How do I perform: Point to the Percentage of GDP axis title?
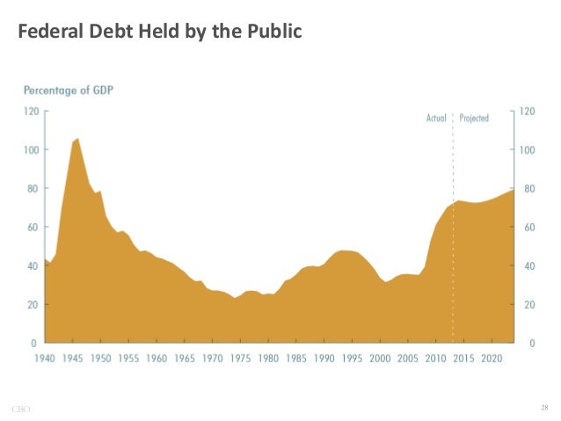click(68, 91)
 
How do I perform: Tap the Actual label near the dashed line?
click(435, 117)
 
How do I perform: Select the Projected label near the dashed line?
click(473, 117)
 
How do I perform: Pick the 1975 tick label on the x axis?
click(240, 359)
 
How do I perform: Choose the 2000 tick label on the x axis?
click(380, 359)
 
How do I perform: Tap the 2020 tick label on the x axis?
click(492, 359)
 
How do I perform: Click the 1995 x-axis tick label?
click(352, 359)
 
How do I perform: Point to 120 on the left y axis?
click(32, 112)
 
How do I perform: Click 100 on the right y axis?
click(528, 150)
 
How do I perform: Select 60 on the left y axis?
click(33, 228)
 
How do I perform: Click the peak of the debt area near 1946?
click(78, 139)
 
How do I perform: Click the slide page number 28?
click(544, 408)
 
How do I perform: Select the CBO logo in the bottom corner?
click(20, 409)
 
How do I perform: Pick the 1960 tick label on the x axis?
click(157, 359)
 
